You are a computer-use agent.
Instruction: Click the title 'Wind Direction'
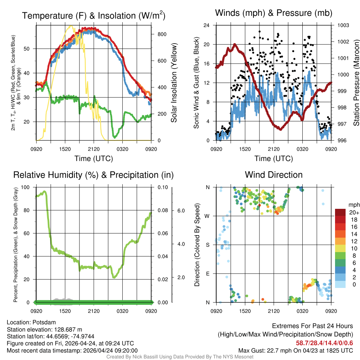274,175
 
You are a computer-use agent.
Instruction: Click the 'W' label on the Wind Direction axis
208,216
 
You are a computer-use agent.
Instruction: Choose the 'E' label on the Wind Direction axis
208,274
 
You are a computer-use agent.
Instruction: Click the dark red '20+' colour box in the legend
341,212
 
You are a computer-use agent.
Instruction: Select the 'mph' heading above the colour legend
354,205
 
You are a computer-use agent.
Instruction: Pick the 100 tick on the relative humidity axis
26,187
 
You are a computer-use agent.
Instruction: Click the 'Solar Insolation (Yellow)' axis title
174,83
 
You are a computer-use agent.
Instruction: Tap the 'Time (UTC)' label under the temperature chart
94,159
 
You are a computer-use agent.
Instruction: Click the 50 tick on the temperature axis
29,49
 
